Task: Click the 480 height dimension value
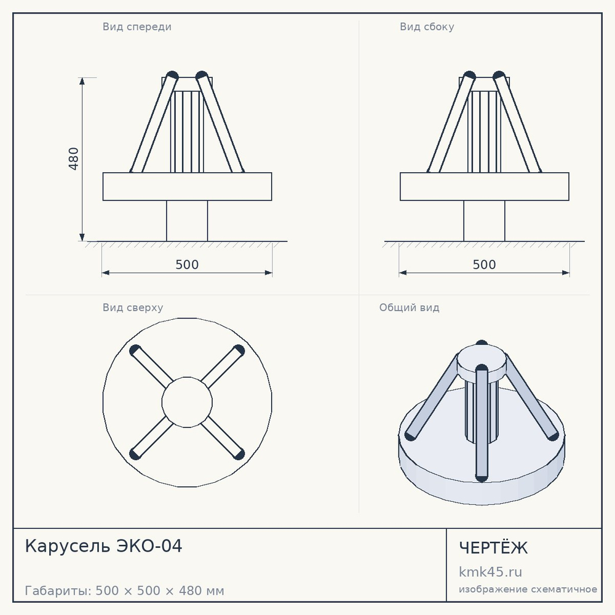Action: [x=73, y=159]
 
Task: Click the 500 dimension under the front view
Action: [x=187, y=264]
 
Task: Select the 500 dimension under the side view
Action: [x=485, y=264]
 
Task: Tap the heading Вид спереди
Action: [x=137, y=26]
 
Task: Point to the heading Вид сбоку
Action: [x=427, y=26]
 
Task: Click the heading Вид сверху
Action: [x=133, y=307]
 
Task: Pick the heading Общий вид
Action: [x=409, y=307]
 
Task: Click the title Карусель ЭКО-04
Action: [x=103, y=546]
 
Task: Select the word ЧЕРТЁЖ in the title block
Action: [x=493, y=547]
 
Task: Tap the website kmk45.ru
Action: [x=490, y=572]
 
